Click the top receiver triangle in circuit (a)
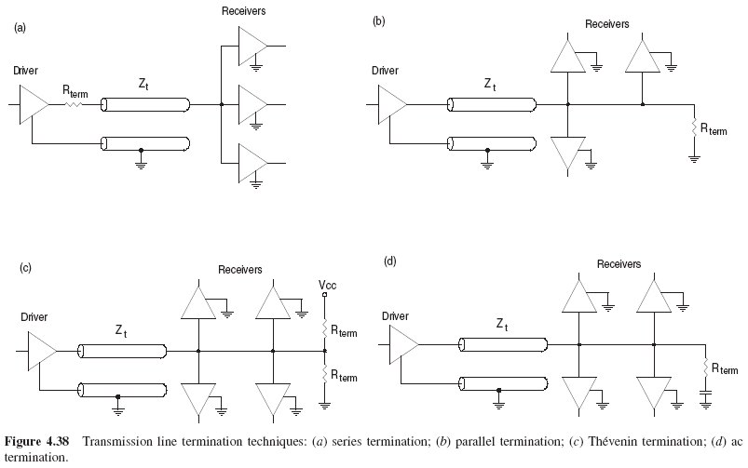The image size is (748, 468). click(252, 45)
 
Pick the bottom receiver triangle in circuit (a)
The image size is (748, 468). click(252, 164)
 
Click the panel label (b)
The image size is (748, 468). click(379, 20)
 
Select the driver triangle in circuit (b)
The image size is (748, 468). click(390, 104)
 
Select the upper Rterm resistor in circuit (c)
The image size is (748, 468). click(325, 328)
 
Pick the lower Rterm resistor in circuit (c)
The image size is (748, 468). click(325, 375)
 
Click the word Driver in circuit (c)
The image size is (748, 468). click(34, 316)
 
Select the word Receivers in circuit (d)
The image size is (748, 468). click(619, 264)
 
